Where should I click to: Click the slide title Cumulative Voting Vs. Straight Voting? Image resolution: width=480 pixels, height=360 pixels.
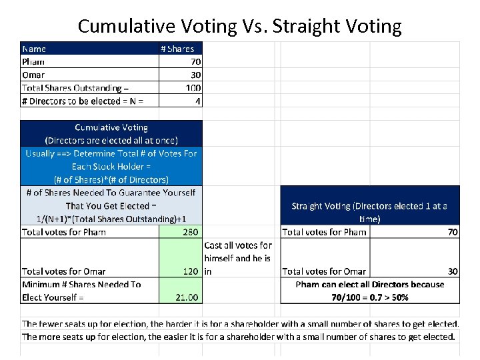pos(239,26)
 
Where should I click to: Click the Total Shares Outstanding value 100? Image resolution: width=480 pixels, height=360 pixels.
pos(193,88)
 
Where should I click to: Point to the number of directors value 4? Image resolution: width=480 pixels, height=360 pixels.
pos(197,101)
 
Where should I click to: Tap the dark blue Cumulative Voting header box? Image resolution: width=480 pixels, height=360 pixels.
pos(111,133)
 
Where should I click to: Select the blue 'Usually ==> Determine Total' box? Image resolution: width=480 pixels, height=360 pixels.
pos(111,166)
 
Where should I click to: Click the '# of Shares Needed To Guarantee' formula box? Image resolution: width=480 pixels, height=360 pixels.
pos(111,205)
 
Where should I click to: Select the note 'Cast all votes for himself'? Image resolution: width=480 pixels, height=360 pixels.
pos(237,258)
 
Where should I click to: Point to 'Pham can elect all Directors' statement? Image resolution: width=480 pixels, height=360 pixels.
pos(369,291)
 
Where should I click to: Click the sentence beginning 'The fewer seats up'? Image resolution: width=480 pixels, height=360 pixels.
pos(240,324)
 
